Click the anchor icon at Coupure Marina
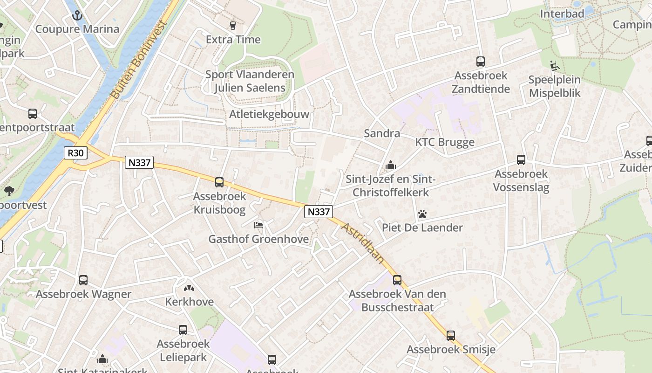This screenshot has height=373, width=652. click(77, 16)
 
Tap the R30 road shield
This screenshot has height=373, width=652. click(75, 153)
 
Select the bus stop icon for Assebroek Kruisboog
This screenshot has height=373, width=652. click(219, 182)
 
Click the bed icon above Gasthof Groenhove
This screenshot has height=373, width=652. click(258, 225)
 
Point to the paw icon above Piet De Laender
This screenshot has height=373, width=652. click(422, 214)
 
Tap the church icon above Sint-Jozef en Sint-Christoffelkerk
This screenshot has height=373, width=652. click(391, 165)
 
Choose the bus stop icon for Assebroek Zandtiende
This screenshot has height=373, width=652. click(481, 62)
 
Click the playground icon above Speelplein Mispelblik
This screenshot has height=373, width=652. click(554, 66)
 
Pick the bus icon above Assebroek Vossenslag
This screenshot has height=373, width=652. click(521, 160)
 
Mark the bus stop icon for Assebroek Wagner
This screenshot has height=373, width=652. click(83, 280)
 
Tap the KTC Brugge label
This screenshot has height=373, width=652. click(445, 142)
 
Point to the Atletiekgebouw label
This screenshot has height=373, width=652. click(269, 114)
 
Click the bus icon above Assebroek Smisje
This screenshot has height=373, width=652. click(450, 336)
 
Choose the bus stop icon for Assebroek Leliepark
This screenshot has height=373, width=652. click(183, 330)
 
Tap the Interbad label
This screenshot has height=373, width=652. click(562, 14)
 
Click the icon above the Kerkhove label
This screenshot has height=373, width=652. click(189, 288)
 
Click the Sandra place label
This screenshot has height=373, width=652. click(382, 133)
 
